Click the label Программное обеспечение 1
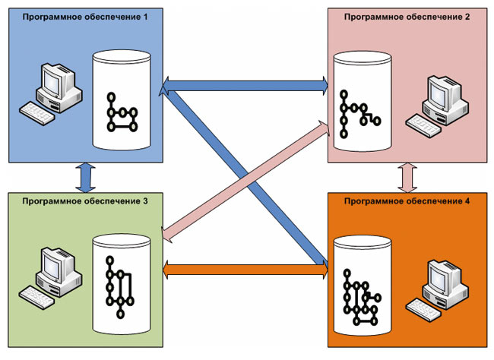pyautogui.click(x=86, y=17)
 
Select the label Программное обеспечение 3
pyautogui.click(x=85, y=202)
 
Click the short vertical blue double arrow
pyautogui.click(x=84, y=177)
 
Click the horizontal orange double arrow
pyautogui.click(x=245, y=267)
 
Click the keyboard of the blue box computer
pyautogui.click(x=36, y=111)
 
